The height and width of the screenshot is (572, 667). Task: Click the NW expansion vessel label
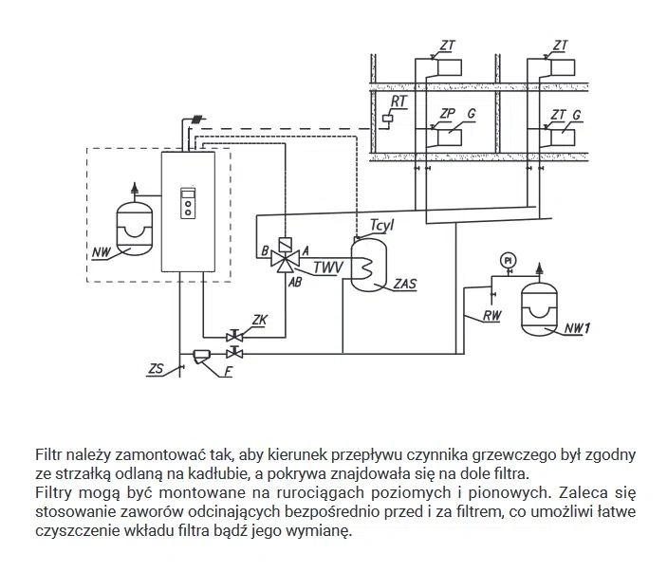(x=102, y=252)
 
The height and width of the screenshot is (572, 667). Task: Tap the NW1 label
(x=577, y=328)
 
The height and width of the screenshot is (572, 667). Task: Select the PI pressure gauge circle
(x=508, y=260)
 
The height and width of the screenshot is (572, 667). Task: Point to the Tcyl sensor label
(x=382, y=225)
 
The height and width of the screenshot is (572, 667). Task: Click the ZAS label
(x=405, y=284)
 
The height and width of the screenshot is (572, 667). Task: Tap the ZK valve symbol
(x=234, y=336)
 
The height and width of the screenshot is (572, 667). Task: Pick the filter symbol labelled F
(x=199, y=356)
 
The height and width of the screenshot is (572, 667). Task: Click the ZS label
(x=156, y=368)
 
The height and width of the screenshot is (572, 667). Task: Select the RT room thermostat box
(x=387, y=119)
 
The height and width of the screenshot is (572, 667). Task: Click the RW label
(x=492, y=316)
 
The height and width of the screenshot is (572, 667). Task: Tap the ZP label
(x=448, y=114)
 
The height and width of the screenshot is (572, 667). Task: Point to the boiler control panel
(x=188, y=203)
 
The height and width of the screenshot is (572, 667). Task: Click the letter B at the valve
(x=265, y=251)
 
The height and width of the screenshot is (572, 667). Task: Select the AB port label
(x=295, y=282)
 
